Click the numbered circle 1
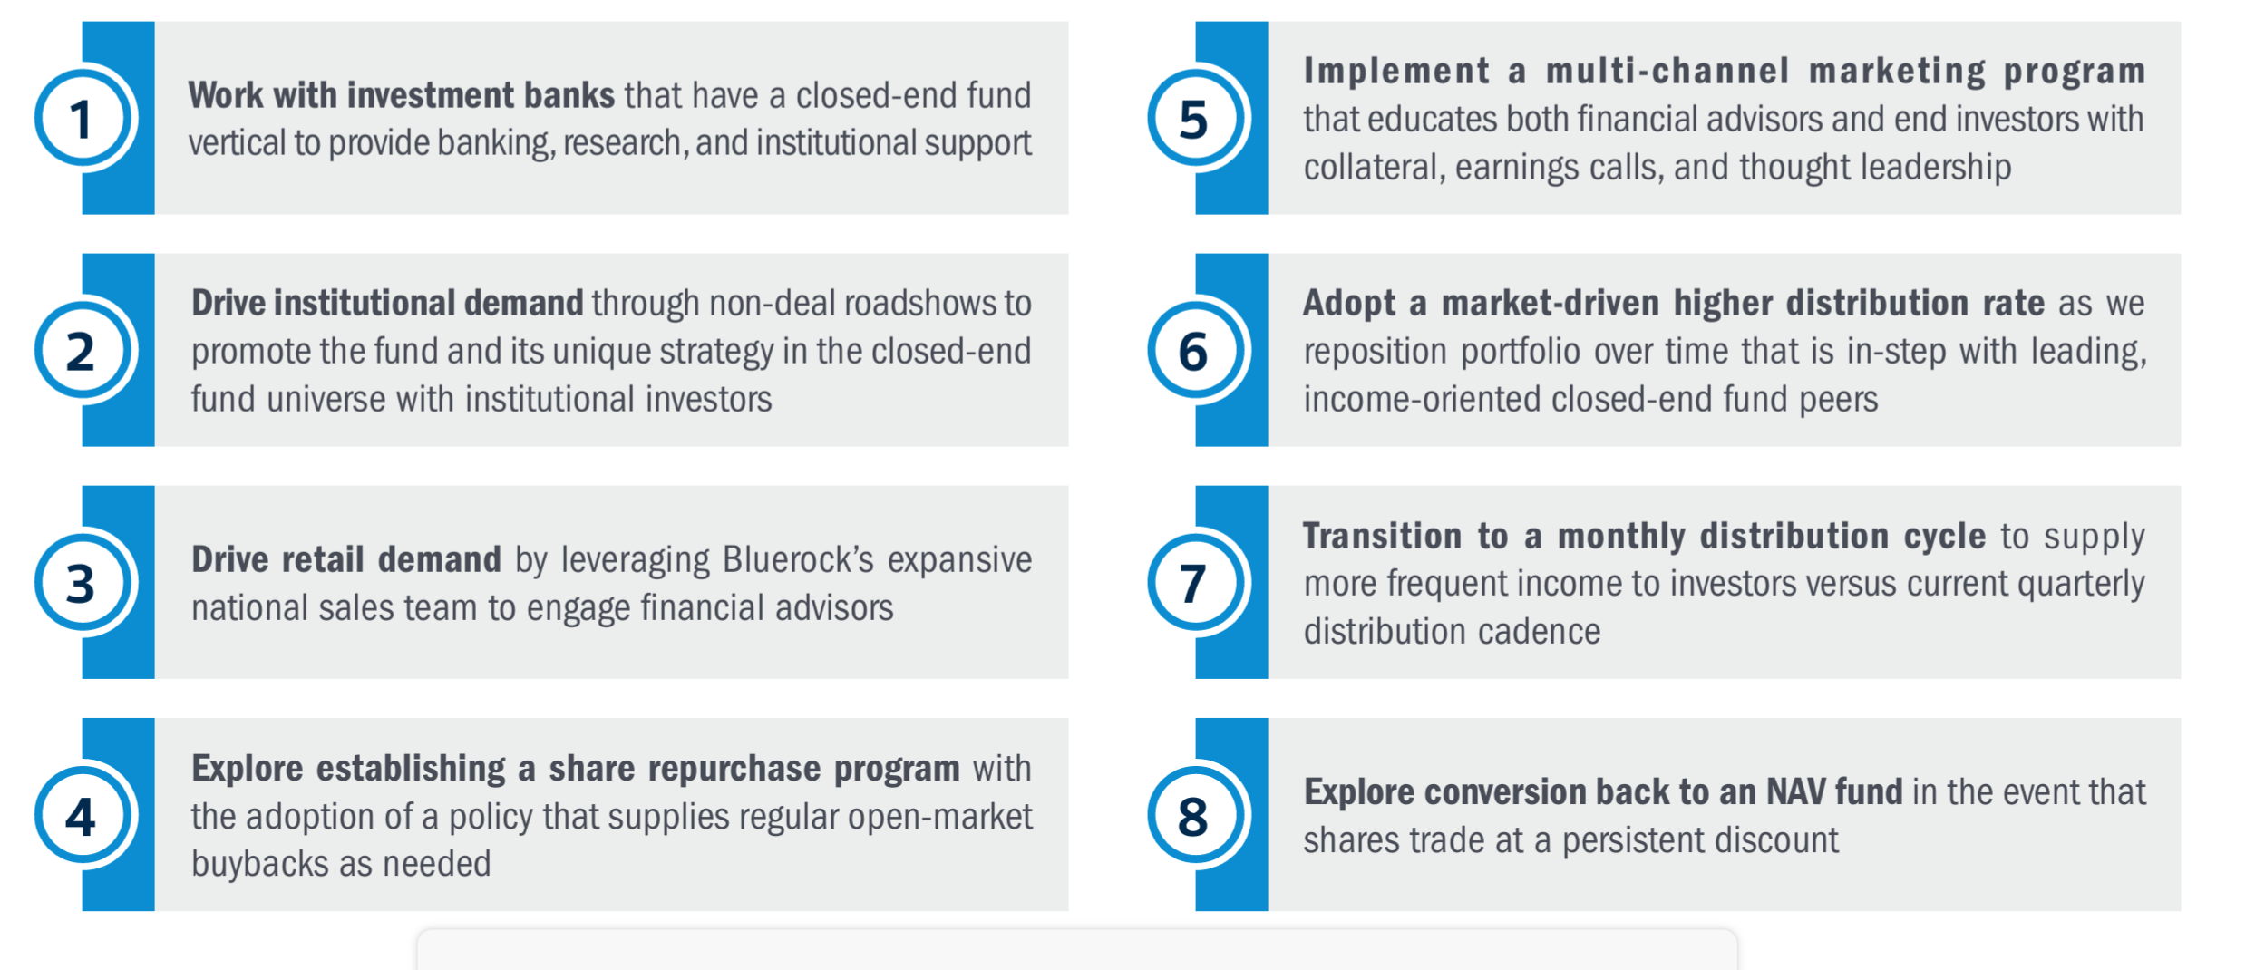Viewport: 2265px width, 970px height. (x=84, y=118)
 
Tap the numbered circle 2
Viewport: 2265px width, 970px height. (x=84, y=350)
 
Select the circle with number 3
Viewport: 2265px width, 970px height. (x=84, y=582)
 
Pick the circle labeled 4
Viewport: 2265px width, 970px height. (x=84, y=815)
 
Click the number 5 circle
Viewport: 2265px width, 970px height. (x=1197, y=118)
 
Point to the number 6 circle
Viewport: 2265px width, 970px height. (x=1197, y=350)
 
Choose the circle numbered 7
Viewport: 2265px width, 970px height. (x=1197, y=582)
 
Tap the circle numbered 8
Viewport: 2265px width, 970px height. (x=1197, y=815)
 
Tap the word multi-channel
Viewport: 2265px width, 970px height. (x=1667, y=71)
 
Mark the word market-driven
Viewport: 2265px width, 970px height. (x=1551, y=303)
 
